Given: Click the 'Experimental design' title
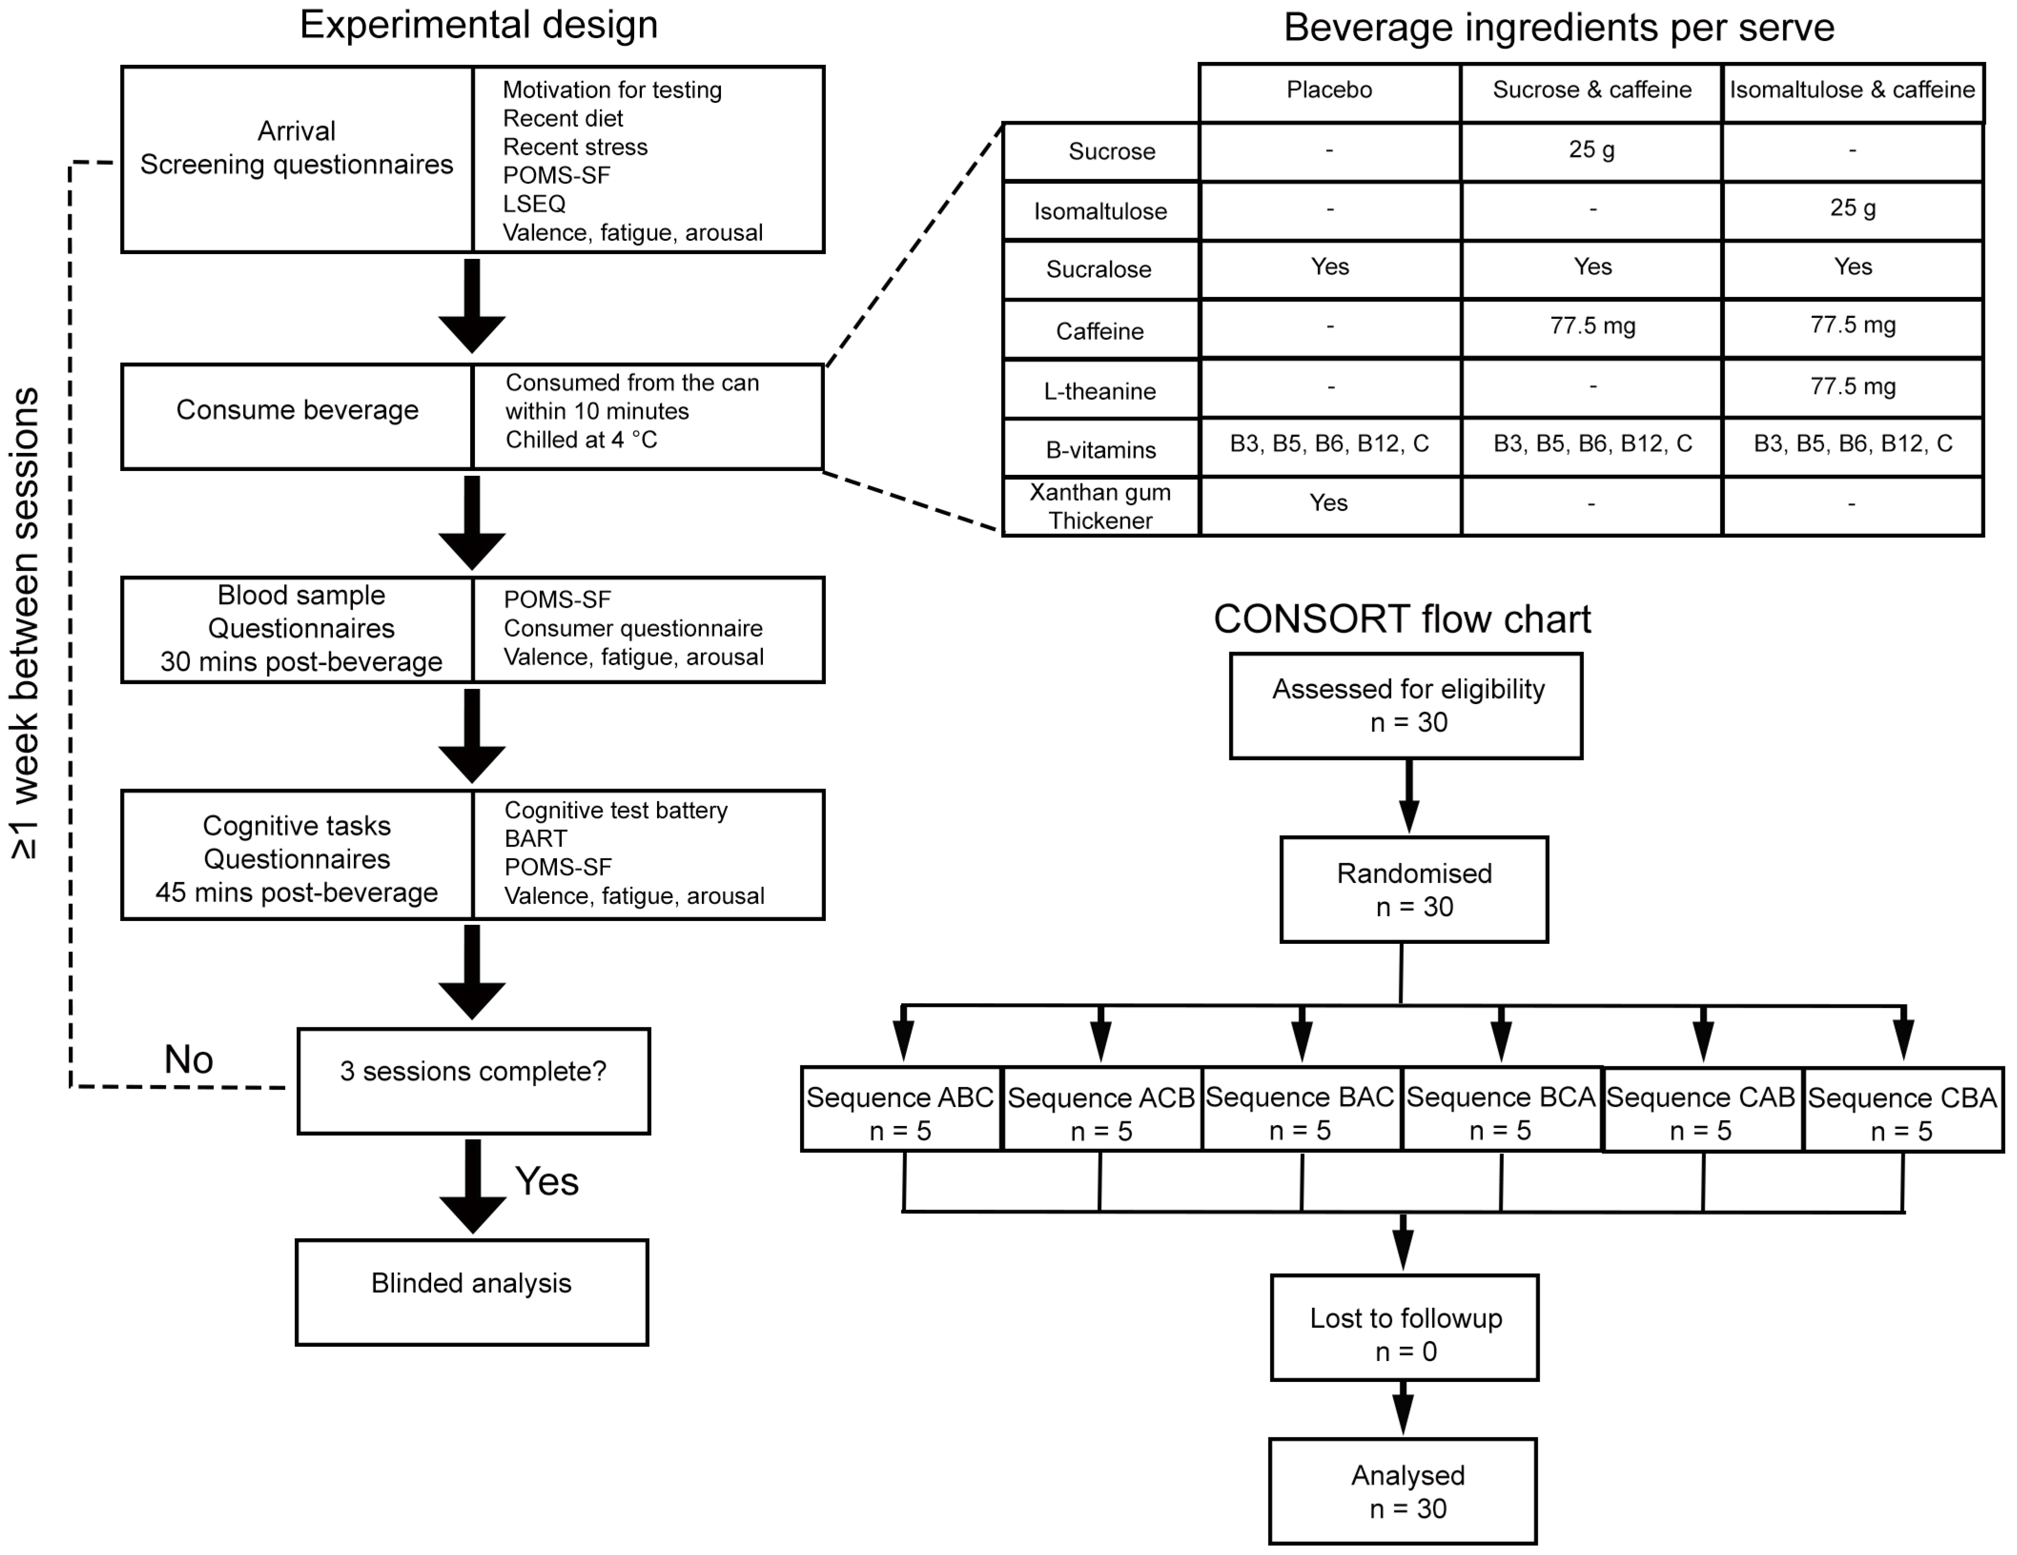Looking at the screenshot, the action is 478,25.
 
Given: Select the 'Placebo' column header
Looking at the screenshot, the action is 1329,90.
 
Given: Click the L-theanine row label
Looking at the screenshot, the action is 1099,390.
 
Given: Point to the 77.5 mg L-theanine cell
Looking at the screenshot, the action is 1852,386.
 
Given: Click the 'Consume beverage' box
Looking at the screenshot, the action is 298,417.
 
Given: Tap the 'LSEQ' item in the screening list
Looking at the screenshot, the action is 534,203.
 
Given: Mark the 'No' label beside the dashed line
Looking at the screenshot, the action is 188,1059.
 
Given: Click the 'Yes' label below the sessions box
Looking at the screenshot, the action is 547,1181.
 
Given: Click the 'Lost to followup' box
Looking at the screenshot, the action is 1405,1328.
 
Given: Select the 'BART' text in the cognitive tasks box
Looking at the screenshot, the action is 535,839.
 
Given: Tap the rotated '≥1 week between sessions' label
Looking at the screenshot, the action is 25,624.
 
